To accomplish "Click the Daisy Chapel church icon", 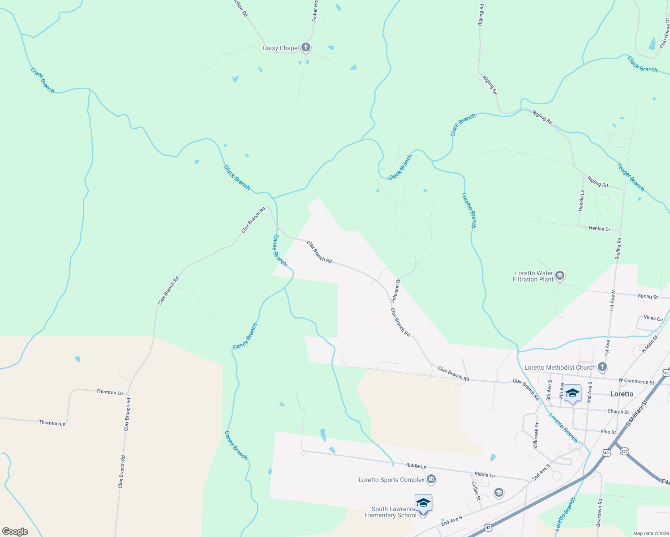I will tap(306, 47).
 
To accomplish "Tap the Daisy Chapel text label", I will tap(280, 48).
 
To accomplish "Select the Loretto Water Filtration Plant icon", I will tap(560, 276).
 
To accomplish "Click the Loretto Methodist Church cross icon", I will tap(602, 367).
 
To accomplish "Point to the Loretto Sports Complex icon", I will tap(431, 480).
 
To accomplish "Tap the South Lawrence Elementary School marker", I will tap(423, 503).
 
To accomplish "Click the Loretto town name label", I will tap(622, 394).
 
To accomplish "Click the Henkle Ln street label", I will tap(581, 200).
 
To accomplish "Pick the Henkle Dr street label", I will tap(599, 229).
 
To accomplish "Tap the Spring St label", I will tap(648, 296).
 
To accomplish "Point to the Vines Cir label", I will tap(653, 319).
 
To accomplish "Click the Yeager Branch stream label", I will tap(631, 177).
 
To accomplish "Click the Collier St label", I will tap(476, 491).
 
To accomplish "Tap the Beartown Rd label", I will tap(600, 512).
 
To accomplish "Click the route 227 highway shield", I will tap(624, 451).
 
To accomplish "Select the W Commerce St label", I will tap(636, 382).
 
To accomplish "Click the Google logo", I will tap(15, 532).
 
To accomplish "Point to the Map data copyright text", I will tap(650, 533).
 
